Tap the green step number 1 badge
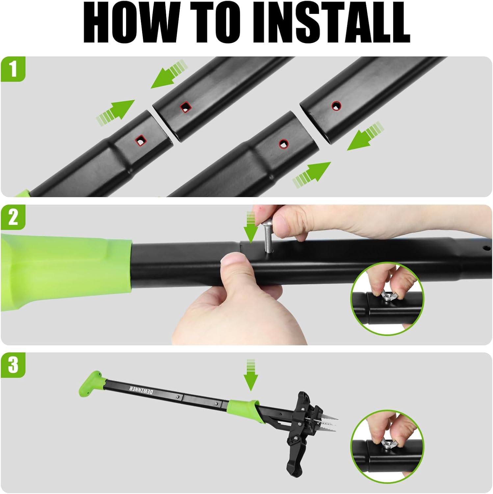(13, 69)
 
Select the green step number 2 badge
(13, 217)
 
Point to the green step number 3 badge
(13, 365)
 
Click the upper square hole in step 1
(186, 106)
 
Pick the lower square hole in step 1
(141, 141)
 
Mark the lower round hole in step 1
(283, 143)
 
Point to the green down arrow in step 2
(251, 227)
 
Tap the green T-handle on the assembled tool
(92, 384)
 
